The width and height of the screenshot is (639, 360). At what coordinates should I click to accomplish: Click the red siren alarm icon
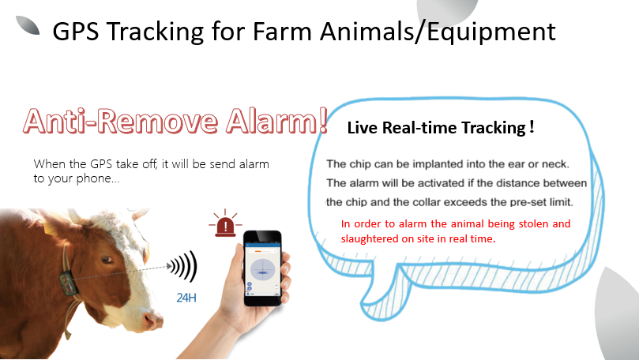[x=225, y=223]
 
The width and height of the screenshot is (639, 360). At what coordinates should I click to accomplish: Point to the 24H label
[x=186, y=298]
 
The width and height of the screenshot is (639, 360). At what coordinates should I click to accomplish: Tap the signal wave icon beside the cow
[x=183, y=266]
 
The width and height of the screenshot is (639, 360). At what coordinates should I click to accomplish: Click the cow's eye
[x=107, y=260]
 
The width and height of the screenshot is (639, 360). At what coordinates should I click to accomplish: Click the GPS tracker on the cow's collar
[x=69, y=283]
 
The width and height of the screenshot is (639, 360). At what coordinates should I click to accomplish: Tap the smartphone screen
[x=263, y=269]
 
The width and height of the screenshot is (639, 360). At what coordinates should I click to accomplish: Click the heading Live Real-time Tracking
[x=441, y=128]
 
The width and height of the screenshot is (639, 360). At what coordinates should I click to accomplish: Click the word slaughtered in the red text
[x=370, y=238]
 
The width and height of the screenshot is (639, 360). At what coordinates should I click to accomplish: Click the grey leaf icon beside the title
[x=28, y=25]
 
